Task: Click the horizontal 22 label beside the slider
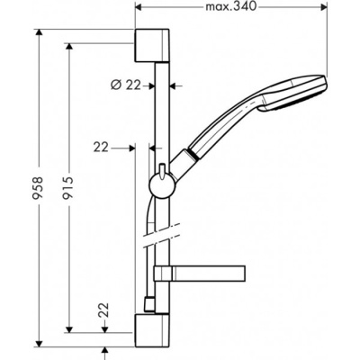100,145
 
